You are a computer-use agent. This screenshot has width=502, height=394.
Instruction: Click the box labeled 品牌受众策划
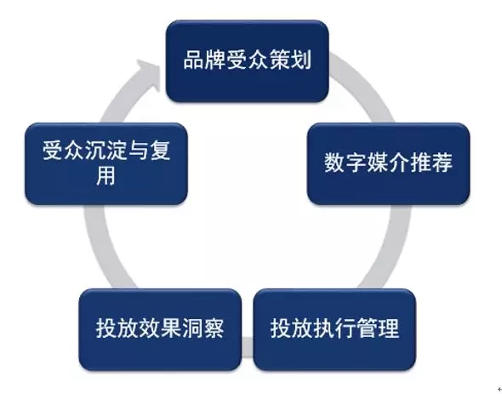(x=247, y=61)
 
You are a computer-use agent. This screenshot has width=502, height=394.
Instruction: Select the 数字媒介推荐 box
(x=388, y=163)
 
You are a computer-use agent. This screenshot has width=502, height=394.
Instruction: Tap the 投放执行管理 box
(x=334, y=329)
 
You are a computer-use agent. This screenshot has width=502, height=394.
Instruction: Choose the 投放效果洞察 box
(x=160, y=329)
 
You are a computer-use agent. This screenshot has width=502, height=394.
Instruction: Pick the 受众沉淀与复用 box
(x=106, y=163)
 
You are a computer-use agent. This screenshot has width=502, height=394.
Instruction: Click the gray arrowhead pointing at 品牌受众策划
(x=148, y=74)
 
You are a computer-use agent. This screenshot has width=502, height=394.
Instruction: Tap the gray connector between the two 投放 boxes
(x=248, y=346)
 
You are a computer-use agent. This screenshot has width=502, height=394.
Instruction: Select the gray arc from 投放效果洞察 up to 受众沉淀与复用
(x=102, y=247)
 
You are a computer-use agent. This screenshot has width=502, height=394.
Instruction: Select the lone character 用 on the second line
(x=106, y=176)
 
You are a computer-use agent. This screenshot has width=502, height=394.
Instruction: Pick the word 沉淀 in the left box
(x=106, y=150)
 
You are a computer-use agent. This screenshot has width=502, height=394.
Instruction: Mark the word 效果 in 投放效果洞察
(x=160, y=328)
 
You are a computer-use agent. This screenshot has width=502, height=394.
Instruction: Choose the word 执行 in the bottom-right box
(x=334, y=328)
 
